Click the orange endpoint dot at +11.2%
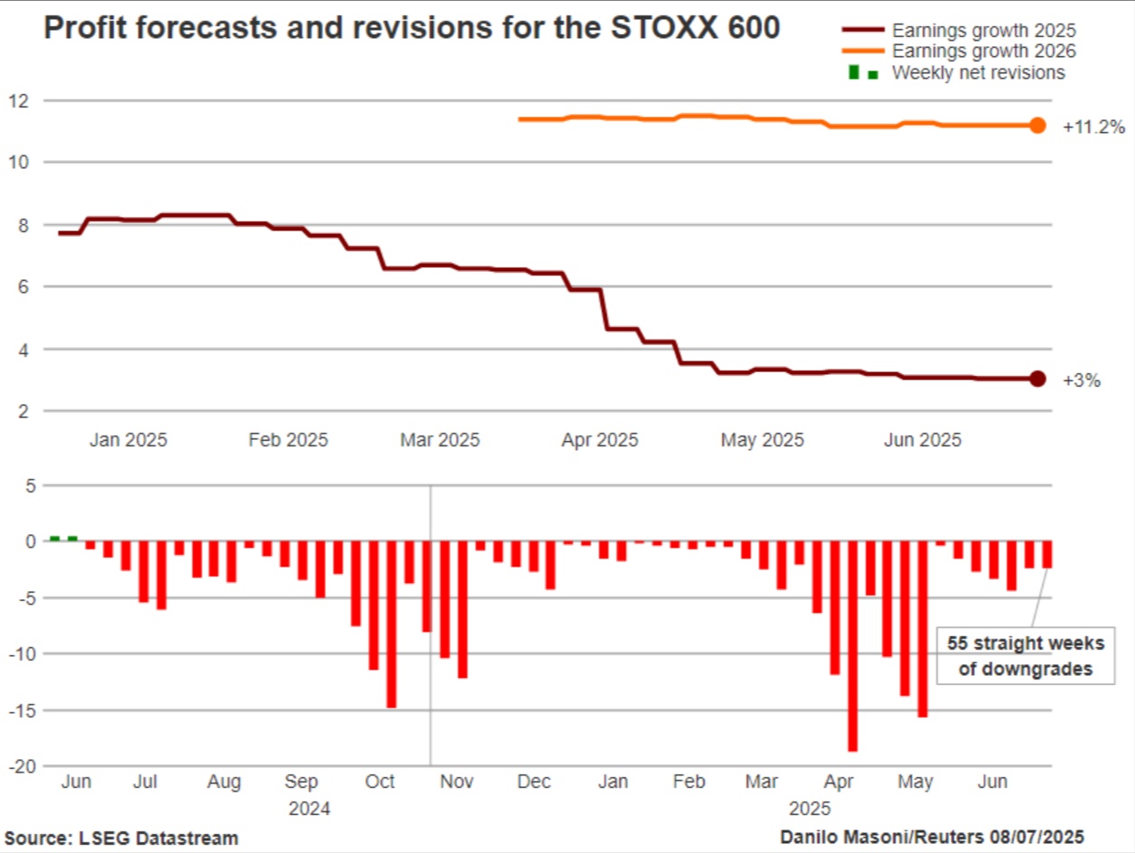point(1037,126)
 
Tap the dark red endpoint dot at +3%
point(1037,379)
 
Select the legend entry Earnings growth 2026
point(983,52)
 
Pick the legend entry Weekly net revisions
point(978,73)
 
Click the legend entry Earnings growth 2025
point(983,31)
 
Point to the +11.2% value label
point(1093,127)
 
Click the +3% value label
point(1082,380)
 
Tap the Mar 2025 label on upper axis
point(440,441)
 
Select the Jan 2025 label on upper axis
point(128,441)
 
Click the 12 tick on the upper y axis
point(20,100)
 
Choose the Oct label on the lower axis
point(380,782)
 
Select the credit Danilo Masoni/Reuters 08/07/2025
point(933,837)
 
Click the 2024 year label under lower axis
point(310,808)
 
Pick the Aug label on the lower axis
point(223,782)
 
